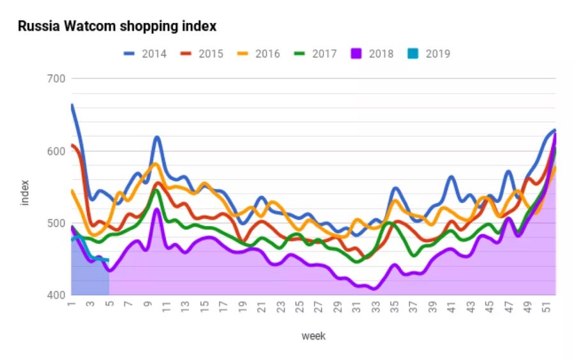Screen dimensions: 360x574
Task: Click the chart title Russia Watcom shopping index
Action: click(x=117, y=26)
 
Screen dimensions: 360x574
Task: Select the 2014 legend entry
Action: click(x=145, y=54)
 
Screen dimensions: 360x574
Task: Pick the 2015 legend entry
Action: click(x=202, y=54)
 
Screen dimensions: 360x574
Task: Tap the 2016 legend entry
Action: click(x=258, y=54)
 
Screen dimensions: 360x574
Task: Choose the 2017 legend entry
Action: click(x=315, y=54)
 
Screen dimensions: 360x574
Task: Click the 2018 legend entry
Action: click(x=372, y=54)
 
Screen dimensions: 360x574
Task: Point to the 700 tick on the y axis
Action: click(x=57, y=79)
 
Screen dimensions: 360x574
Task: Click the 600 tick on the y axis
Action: click(x=57, y=151)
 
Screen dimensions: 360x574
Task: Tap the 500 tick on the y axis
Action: click(x=57, y=223)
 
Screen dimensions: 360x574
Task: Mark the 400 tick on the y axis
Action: click(x=57, y=296)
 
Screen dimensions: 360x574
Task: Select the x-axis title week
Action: click(x=313, y=336)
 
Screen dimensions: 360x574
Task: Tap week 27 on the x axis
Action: click(x=318, y=305)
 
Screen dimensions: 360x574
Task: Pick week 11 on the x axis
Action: click(x=166, y=305)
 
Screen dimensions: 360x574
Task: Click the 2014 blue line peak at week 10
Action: click(x=156, y=137)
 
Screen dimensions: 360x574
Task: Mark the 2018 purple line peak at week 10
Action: click(x=156, y=209)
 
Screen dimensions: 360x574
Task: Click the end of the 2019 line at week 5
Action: click(x=109, y=260)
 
